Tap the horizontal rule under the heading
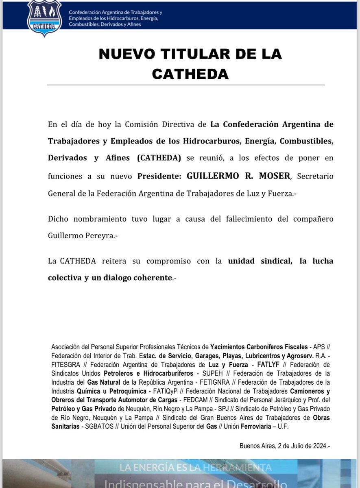click(x=185, y=85)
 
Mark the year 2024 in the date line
click(x=316, y=445)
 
